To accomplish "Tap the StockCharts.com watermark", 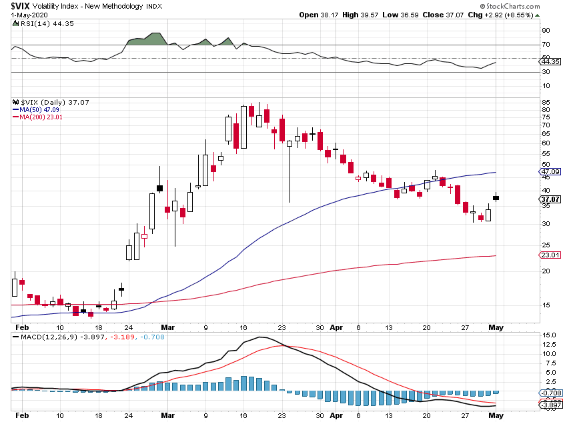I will [529, 5].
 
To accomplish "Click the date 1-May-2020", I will [19, 15].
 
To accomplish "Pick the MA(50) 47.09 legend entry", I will [36, 110].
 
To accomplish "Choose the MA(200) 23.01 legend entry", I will [37, 117].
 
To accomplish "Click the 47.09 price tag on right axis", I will [550, 171].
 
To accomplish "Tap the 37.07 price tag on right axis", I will [550, 199].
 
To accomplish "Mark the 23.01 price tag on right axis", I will [550, 255].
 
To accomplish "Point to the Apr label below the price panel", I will [337, 327].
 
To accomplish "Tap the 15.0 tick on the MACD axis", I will [548, 335].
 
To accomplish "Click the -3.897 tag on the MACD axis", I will [552, 405].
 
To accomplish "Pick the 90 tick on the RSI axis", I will [545, 31].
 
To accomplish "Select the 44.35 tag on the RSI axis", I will [550, 62].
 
